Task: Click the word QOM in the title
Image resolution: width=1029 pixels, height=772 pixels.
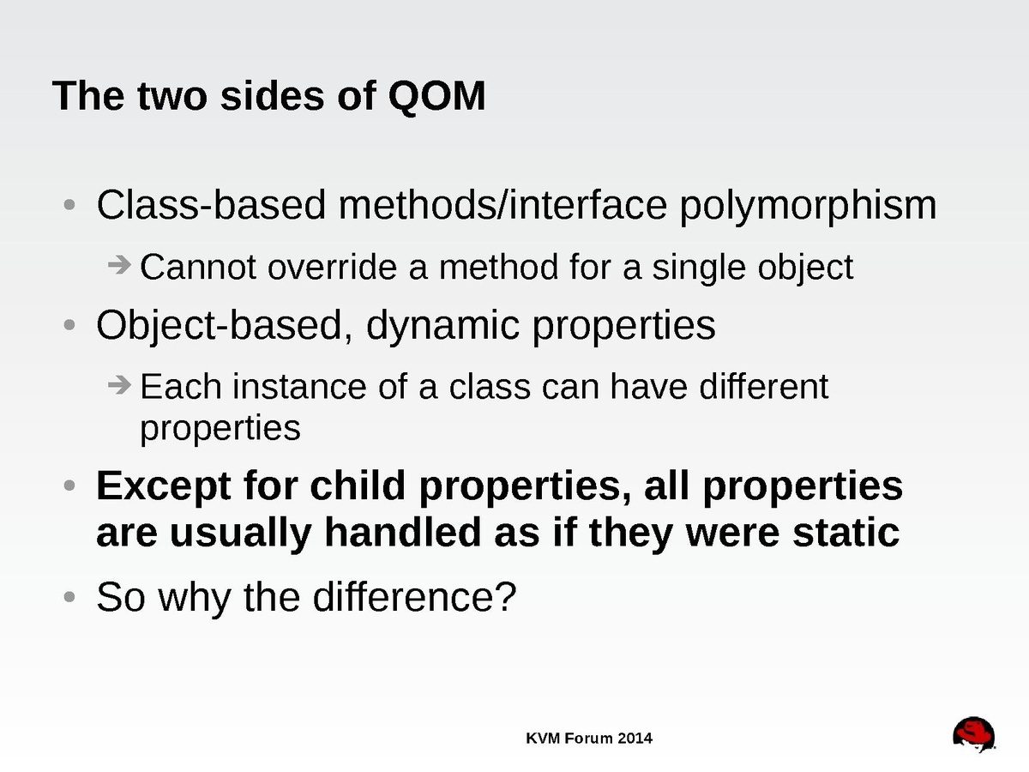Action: pyautogui.click(x=436, y=97)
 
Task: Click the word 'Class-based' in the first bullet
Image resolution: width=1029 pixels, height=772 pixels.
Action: pyautogui.click(x=210, y=205)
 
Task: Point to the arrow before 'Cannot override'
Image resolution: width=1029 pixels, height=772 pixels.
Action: pyautogui.click(x=119, y=265)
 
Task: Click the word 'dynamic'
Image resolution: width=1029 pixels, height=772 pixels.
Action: pyautogui.click(x=442, y=326)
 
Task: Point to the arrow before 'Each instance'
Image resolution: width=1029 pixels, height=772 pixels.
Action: pyautogui.click(x=119, y=385)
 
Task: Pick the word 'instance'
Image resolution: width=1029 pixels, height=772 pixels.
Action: pyautogui.click(x=299, y=387)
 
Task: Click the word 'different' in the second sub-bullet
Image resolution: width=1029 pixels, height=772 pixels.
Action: pyautogui.click(x=764, y=387)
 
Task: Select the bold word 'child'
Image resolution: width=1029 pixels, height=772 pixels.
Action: pyautogui.click(x=358, y=486)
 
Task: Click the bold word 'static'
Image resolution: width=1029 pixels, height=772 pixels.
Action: pyautogui.click(x=845, y=533)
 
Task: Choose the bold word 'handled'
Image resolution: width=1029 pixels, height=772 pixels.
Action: pyautogui.click(x=403, y=533)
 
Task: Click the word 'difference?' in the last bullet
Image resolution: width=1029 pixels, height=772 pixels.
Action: pyautogui.click(x=414, y=597)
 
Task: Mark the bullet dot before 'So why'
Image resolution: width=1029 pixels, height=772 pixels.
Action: pyautogui.click(x=69, y=597)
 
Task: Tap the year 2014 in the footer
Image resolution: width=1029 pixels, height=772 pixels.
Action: pyautogui.click(x=635, y=739)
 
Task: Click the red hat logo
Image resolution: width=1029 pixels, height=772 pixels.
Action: pyautogui.click(x=974, y=734)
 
